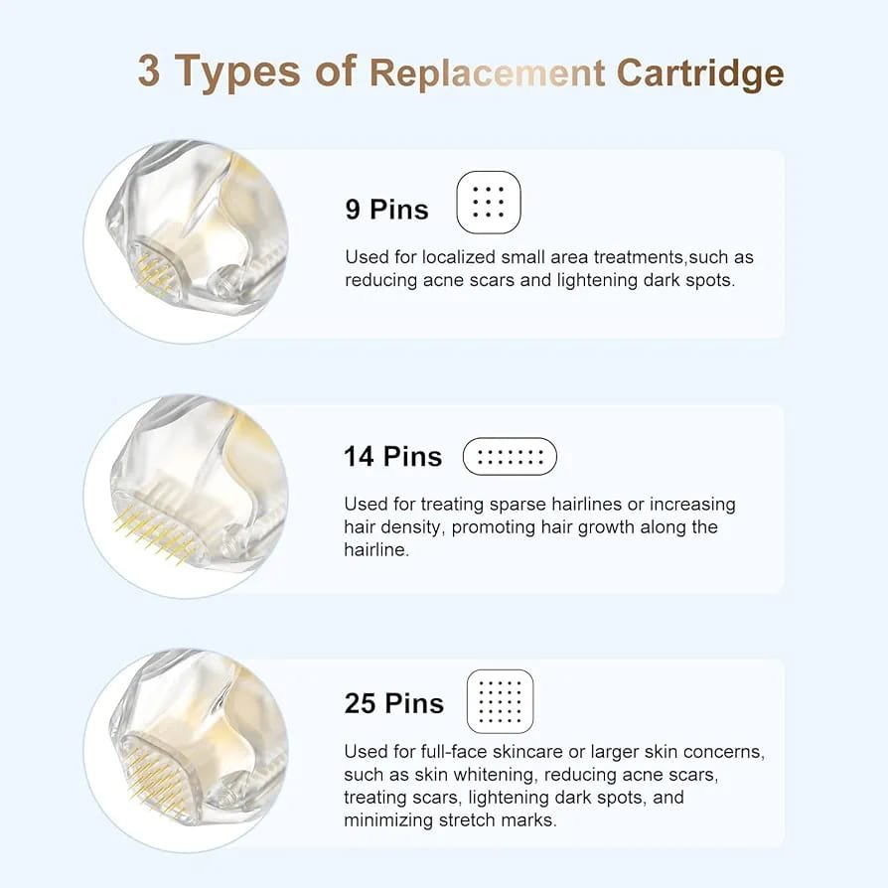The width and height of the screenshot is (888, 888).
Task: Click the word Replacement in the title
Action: [488, 74]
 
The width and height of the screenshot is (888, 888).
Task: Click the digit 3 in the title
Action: [149, 72]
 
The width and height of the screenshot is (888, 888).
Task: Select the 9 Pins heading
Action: [386, 210]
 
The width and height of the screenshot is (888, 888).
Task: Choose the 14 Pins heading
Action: [392, 457]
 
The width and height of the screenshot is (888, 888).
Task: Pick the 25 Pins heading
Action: [394, 703]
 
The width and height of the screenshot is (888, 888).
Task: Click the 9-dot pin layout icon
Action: [488, 202]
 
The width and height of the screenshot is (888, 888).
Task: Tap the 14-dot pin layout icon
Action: [510, 457]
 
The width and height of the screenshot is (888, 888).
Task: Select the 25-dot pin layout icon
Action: [500, 701]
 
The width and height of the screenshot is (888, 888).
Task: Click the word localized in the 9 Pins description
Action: [458, 257]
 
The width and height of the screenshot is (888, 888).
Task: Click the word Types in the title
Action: [236, 73]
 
